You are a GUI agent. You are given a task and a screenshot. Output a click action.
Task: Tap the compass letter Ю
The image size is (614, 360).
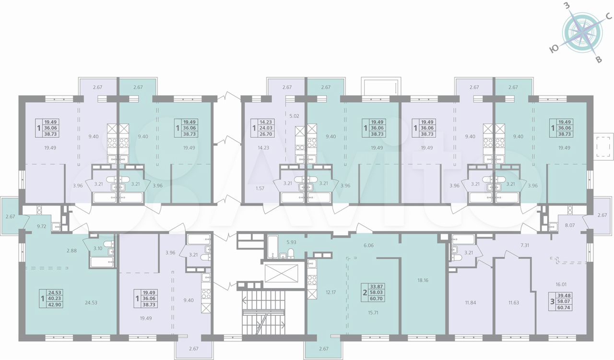point(554,56)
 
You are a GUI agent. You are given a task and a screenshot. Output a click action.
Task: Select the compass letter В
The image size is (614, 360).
point(599,60)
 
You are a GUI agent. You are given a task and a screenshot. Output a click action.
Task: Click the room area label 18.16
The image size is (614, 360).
point(423,280)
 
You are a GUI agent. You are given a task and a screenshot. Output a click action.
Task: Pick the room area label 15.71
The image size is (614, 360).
point(373,312)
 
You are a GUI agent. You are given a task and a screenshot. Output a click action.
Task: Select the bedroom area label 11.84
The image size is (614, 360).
point(471,303)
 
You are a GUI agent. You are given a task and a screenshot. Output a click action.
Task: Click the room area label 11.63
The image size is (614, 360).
point(513,303)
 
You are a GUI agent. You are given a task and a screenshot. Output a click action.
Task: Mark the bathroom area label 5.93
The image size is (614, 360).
point(291,242)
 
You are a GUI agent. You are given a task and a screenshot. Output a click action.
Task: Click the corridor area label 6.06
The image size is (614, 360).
point(368,245)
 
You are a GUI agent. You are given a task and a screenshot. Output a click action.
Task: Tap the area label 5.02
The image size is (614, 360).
point(294,116)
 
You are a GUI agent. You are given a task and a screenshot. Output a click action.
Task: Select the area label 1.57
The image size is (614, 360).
point(260,189)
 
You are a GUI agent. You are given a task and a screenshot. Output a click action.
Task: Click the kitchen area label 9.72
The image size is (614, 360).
point(42,227)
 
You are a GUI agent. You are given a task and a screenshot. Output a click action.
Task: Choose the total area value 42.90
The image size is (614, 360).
point(55,305)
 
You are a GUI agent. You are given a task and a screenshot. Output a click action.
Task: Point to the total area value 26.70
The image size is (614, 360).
point(266,134)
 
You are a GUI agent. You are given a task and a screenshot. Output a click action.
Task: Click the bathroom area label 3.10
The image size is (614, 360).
point(98,248)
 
